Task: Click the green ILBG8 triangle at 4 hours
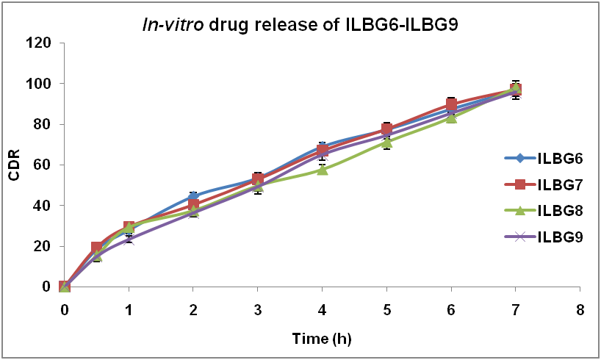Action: [322, 170]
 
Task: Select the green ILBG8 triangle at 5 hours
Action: [386, 143]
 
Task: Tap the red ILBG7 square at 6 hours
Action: [451, 104]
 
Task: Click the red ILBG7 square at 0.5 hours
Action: [97, 248]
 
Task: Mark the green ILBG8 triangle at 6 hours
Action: [451, 117]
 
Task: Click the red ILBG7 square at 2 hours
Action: [193, 205]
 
